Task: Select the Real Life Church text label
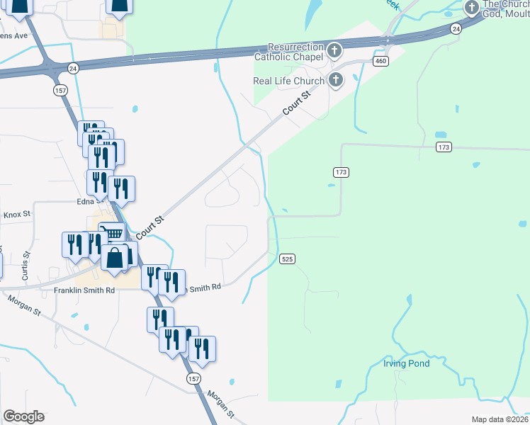pos(288,80)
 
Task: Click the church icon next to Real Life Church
pos(334,80)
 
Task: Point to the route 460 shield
pos(381,62)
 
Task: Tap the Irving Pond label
pos(407,363)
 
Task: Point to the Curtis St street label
pos(26,265)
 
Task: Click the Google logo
pos(23,416)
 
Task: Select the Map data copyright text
pos(500,419)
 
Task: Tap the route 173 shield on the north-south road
pos(340,172)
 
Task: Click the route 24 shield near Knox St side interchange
pos(73,67)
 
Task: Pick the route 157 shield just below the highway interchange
pos(60,91)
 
